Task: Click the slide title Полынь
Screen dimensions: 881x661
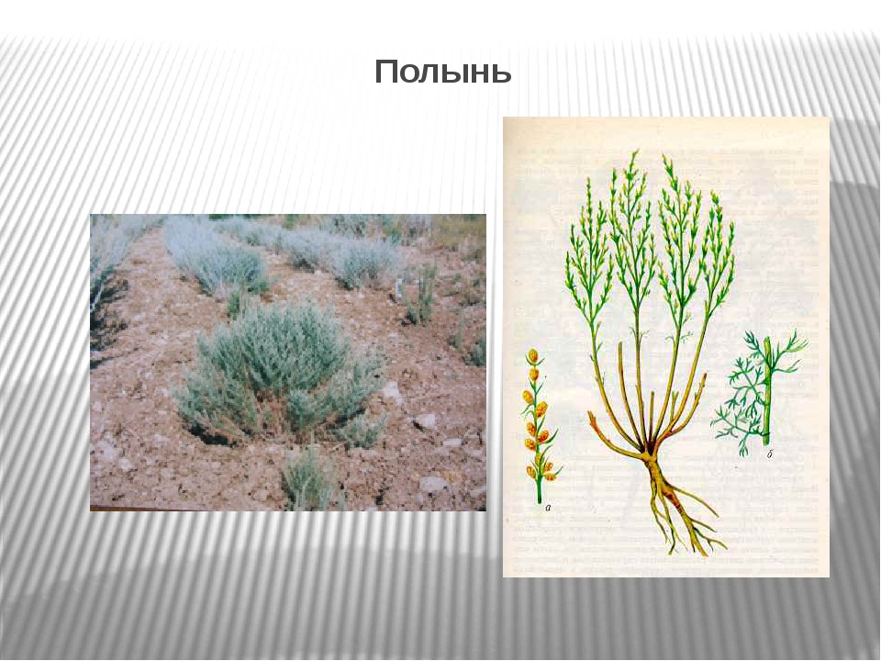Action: pos(442,72)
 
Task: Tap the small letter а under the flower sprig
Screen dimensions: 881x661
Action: pos(548,508)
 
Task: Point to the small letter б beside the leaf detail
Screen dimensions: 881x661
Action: pos(769,454)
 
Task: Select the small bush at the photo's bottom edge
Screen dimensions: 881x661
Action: pos(308,480)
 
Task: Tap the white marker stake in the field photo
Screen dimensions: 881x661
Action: pos(399,287)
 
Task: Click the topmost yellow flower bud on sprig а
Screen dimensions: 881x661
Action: pos(531,356)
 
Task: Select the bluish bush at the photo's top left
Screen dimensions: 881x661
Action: pos(109,247)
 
